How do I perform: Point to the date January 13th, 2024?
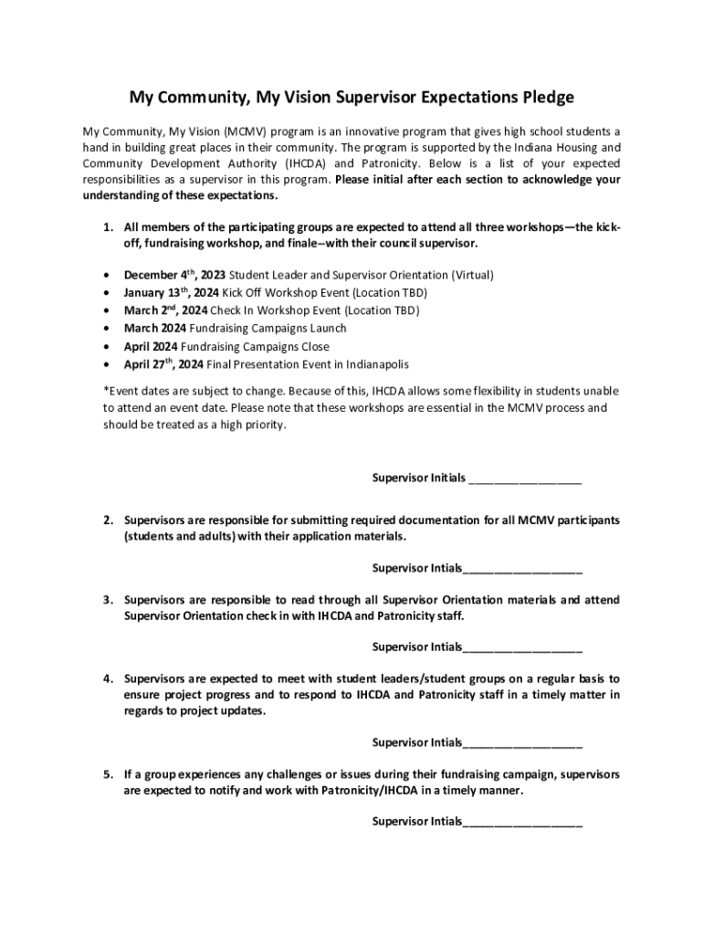coord(172,292)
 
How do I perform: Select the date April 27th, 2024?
coord(164,364)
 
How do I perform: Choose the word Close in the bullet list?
coord(314,347)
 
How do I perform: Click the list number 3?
coord(107,600)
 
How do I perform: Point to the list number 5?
coord(107,774)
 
